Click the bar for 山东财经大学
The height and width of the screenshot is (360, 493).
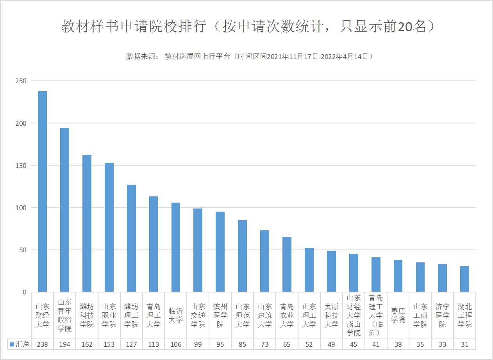pos(42,191)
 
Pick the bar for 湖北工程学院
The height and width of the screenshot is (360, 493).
pos(464,279)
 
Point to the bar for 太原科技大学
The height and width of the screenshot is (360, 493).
pos(331,271)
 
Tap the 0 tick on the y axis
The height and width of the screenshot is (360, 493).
pos(24,292)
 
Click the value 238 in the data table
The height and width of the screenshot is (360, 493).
pos(42,344)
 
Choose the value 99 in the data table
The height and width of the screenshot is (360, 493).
pos(198,344)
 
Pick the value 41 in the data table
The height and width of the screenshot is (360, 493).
pos(376,344)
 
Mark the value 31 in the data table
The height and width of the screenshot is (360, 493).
pos(464,344)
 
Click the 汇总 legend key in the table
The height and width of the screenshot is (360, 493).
pos(12,344)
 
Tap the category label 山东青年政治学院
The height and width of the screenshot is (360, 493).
pos(64,315)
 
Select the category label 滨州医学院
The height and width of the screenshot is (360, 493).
pos(220,315)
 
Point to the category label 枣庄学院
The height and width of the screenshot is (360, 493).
pos(398,315)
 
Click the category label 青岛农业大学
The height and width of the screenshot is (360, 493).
pos(287,315)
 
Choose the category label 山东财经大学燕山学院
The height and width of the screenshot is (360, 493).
pos(354,315)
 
